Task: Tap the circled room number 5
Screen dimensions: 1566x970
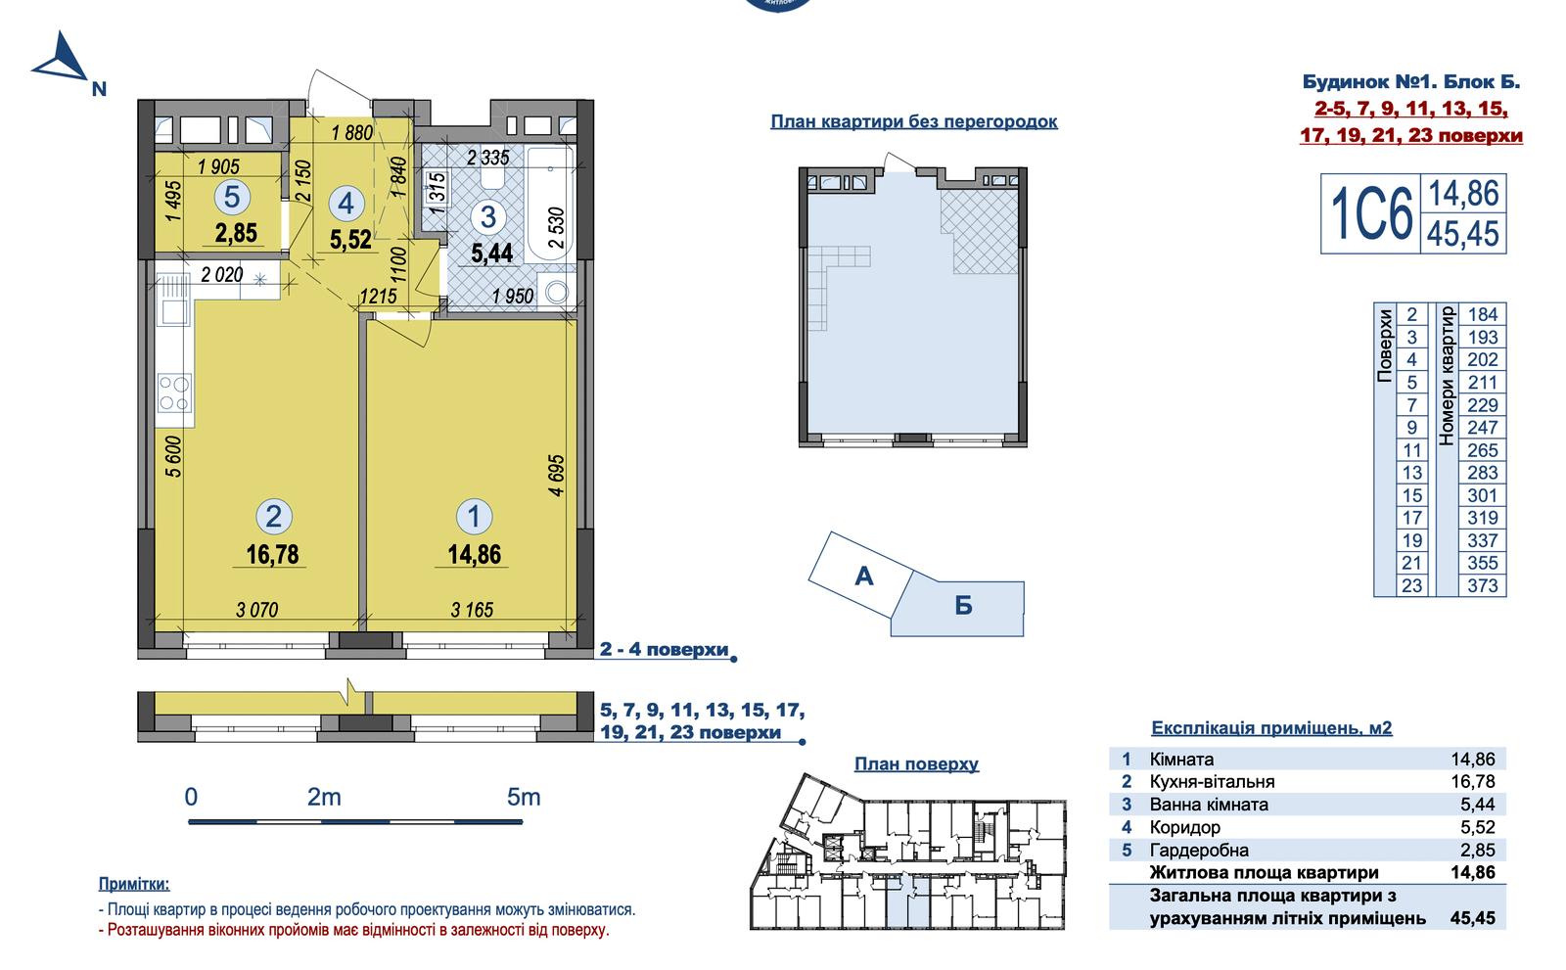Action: coord(231,198)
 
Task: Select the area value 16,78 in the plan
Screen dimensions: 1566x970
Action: coord(272,555)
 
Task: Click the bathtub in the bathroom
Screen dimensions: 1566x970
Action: coord(550,204)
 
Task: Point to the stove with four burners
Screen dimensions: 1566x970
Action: coord(174,393)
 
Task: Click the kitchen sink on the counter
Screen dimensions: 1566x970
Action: coord(173,300)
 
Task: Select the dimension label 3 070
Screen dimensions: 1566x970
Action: coord(257,610)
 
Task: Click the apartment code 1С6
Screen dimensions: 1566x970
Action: coord(1371,214)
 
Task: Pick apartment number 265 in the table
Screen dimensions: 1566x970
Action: coord(1482,449)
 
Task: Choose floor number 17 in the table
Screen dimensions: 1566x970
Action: coord(1411,518)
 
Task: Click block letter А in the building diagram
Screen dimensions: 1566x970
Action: coord(864,577)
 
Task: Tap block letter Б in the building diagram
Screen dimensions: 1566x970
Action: coord(963,606)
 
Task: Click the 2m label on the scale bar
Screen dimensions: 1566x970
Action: coord(324,797)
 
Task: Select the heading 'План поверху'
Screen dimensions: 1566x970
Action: coord(916,763)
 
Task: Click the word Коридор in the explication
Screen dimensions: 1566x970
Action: coord(1185,827)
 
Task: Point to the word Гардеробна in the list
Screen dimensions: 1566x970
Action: coord(1199,851)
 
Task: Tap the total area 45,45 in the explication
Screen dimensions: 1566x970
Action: coord(1472,918)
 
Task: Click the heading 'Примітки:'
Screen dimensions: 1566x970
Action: coord(133,884)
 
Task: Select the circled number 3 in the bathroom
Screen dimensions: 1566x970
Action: coord(488,216)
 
